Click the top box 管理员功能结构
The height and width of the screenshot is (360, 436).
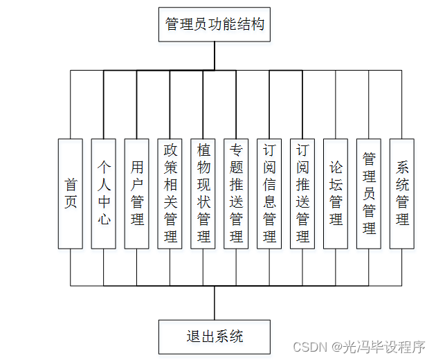(x=215, y=24)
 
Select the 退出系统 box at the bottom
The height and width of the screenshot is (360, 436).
(x=215, y=336)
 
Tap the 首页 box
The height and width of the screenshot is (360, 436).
(x=71, y=194)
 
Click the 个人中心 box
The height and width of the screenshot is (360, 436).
(x=104, y=194)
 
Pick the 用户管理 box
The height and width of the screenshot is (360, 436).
(x=137, y=194)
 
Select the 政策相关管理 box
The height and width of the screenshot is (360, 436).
(x=170, y=194)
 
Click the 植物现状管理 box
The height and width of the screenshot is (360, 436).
(x=203, y=194)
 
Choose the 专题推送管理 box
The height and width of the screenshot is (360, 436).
(x=237, y=194)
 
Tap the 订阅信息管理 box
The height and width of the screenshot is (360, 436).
(x=270, y=194)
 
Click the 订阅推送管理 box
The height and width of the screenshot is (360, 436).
(x=303, y=194)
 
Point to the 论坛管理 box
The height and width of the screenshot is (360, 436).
(x=336, y=194)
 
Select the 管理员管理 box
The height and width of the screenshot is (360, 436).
(x=369, y=194)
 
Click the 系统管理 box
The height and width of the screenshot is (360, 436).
(x=402, y=194)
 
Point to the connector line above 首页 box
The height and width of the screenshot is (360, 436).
(x=71, y=104)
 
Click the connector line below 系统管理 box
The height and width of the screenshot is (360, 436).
(x=402, y=267)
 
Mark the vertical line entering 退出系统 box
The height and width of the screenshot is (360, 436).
(x=215, y=303)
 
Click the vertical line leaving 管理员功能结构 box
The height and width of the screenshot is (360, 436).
(x=215, y=55)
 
